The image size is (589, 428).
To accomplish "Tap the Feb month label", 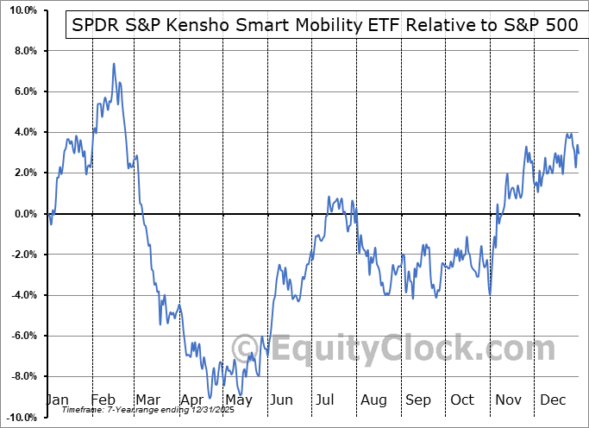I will (x=103, y=400).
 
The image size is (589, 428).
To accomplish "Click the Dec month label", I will (x=553, y=400).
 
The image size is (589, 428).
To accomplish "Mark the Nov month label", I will (x=508, y=400).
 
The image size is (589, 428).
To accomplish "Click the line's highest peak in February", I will (x=113, y=64).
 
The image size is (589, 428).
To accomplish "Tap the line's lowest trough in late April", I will (x=210, y=398).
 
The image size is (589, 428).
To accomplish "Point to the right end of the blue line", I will (x=579, y=154).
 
